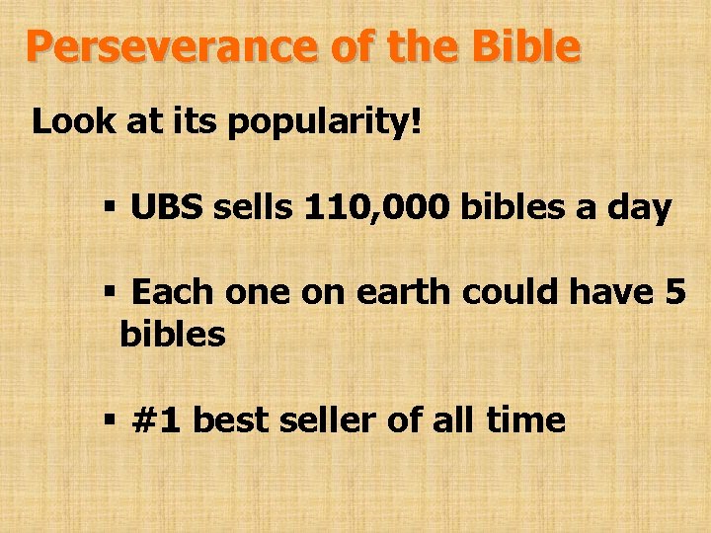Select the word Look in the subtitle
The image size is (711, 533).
coord(68,124)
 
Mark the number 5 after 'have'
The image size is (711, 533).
coord(674,292)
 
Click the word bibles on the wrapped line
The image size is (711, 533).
coord(173,335)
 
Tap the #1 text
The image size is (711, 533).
coord(158,420)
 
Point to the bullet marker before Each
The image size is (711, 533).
coord(110,293)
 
